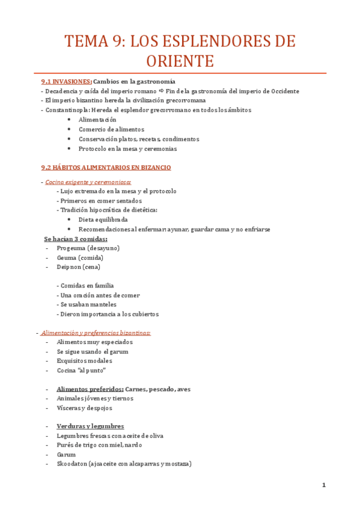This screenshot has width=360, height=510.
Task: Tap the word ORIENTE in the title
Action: click(180, 61)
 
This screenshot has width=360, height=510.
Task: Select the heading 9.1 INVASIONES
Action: click(66, 81)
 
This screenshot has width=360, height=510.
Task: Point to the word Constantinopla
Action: click(68, 110)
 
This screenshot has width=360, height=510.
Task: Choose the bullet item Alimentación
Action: click(97, 120)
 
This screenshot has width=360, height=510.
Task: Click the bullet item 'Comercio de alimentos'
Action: click(111, 129)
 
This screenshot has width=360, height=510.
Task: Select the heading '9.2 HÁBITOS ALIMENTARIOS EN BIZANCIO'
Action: click(106, 167)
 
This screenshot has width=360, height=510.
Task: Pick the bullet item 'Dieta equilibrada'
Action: click(103, 220)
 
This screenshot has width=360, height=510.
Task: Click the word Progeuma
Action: click(71, 248)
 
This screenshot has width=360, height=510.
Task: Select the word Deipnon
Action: click(70, 267)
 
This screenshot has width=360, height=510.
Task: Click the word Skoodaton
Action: click(72, 464)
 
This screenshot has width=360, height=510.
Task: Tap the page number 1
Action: click(323, 485)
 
